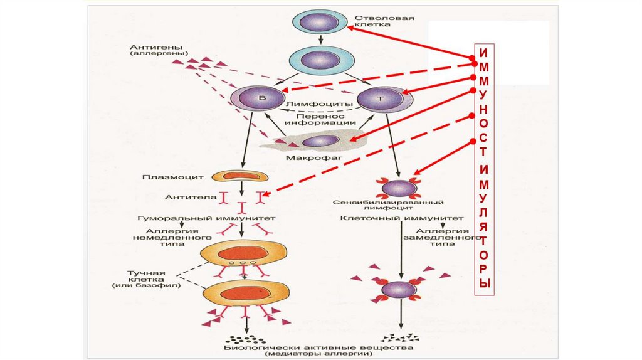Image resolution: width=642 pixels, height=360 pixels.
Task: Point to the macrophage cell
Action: tap(320, 141)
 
